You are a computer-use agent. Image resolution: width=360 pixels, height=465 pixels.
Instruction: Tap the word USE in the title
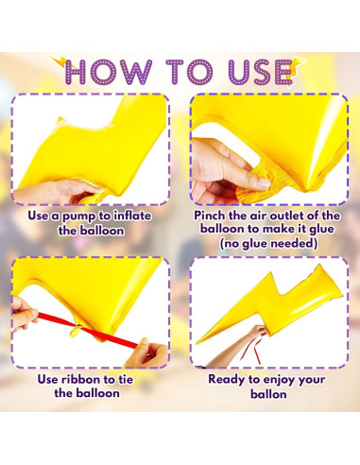(x=260, y=72)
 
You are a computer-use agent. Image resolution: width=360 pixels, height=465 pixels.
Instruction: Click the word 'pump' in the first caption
(x=78, y=216)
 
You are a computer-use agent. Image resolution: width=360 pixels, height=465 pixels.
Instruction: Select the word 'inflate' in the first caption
(x=132, y=215)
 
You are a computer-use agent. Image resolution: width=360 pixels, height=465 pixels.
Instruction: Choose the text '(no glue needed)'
(x=268, y=243)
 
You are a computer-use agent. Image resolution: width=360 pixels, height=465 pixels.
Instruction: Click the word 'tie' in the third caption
(x=126, y=379)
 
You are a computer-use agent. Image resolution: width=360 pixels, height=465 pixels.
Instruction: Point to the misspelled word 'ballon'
(x=268, y=394)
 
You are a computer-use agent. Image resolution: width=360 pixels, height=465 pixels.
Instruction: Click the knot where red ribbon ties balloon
(x=76, y=331)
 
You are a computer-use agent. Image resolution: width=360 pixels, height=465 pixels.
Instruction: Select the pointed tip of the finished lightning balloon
(x=197, y=343)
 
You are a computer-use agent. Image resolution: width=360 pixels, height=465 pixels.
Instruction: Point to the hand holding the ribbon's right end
(x=148, y=353)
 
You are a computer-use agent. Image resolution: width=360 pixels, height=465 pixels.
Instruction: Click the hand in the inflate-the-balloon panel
(x=60, y=192)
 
